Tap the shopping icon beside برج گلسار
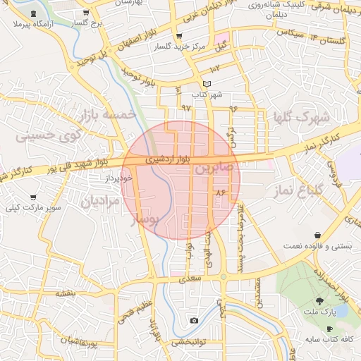pos(86,13)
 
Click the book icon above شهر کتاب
pos(207,84)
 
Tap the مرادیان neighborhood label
pos(97,202)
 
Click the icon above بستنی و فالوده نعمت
pos(318,235)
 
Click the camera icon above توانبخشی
pos(194,321)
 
